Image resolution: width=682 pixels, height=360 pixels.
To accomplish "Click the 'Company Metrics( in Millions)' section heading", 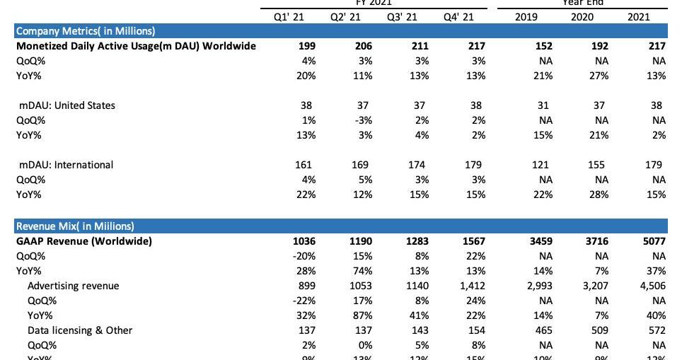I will (86, 31).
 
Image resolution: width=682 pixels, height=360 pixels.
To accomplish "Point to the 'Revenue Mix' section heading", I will (75, 226).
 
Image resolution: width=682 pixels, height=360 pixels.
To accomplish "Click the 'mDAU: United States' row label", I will (67, 105).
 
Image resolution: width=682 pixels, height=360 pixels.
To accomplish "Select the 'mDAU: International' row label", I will (66, 165).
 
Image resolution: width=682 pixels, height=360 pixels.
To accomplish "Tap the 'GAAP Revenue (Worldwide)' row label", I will (84, 241).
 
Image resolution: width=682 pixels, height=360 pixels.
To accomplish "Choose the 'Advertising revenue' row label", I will (73, 286).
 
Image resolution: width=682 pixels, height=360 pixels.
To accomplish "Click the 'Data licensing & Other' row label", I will (80, 330).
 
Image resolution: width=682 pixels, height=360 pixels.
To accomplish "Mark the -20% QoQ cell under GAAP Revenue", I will (304, 256).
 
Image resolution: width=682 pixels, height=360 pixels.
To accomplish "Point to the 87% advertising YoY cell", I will (362, 315).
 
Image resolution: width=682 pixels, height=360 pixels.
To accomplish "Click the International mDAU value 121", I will (541, 165).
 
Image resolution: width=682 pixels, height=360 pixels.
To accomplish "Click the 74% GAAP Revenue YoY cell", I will (362, 271).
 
